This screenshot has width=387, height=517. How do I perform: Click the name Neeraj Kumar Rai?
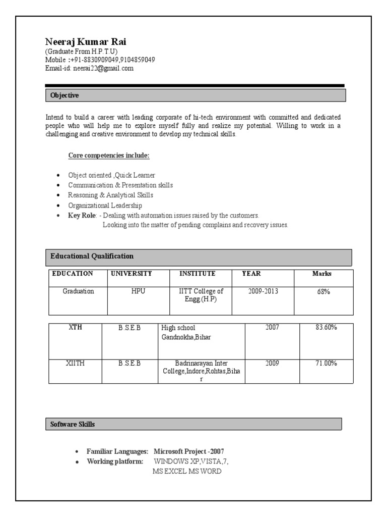(86, 41)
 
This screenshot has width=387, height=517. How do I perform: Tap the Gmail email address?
(103, 68)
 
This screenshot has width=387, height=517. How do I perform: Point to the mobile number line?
(100, 60)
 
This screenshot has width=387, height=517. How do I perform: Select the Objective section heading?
(64, 95)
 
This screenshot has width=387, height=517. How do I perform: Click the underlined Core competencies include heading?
(109, 156)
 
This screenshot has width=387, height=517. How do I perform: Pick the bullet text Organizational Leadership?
(105, 205)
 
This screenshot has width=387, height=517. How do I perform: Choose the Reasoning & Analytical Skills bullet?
(111, 195)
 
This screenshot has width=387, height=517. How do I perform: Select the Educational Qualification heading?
(92, 256)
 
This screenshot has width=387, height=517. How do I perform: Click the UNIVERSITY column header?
(131, 274)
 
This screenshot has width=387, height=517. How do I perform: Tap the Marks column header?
(322, 274)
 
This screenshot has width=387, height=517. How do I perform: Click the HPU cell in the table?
(138, 291)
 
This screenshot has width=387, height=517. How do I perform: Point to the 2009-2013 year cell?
(263, 291)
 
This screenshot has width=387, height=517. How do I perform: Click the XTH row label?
(75, 328)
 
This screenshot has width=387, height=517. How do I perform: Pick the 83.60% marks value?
(326, 328)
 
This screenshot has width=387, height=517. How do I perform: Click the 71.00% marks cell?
(326, 364)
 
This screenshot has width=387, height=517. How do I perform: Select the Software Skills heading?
(73, 425)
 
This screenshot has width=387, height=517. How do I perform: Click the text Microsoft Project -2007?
(189, 451)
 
